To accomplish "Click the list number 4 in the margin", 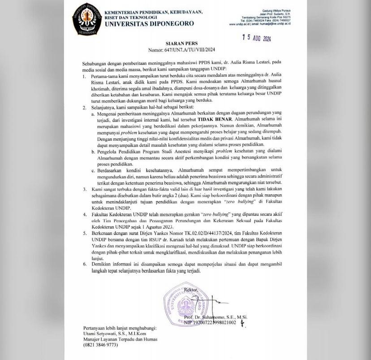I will click(84, 215).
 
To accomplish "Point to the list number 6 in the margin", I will click(84, 264).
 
